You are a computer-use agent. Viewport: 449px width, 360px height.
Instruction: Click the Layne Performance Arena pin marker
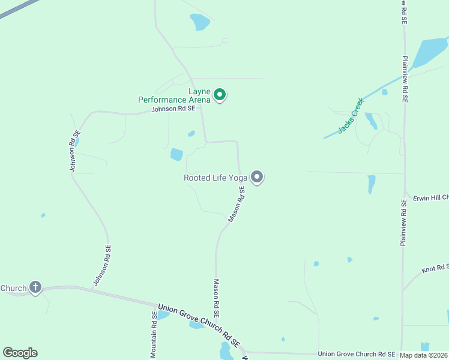[220, 94]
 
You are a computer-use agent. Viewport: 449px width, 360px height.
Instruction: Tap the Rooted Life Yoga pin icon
[257, 177]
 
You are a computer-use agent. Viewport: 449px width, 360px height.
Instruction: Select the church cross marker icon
[35, 287]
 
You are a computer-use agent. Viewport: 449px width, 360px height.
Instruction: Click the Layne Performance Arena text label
[175, 95]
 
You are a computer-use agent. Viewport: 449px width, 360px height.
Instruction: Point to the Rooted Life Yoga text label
[215, 178]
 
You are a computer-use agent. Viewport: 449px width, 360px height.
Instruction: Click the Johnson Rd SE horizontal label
[173, 109]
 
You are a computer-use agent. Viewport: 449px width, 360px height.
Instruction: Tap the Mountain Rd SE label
[154, 335]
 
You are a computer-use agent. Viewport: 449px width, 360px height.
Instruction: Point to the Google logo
[20, 353]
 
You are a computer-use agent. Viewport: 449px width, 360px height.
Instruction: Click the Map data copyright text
[424, 355]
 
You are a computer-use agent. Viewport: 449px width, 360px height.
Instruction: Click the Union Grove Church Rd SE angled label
[199, 326]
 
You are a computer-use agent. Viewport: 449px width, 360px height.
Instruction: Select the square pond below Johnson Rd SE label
[176, 154]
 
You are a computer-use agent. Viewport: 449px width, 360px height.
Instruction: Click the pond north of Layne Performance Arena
[199, 22]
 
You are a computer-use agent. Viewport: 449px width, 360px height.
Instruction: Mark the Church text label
[14, 288]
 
